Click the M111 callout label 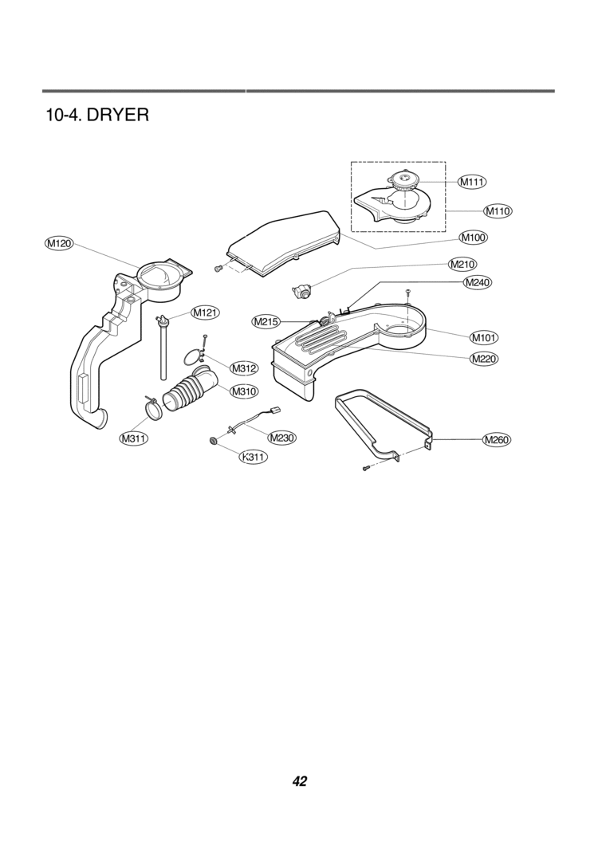click(x=473, y=182)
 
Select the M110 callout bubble click(x=498, y=210)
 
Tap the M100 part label click(x=474, y=237)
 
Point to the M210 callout click(x=462, y=264)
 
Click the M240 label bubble click(x=478, y=282)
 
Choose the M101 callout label click(x=483, y=338)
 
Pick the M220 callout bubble click(x=484, y=359)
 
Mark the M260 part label click(x=496, y=440)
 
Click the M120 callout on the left click(x=59, y=244)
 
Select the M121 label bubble click(x=205, y=312)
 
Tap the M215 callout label click(x=266, y=322)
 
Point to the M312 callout click(x=244, y=368)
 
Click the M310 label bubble click(x=244, y=391)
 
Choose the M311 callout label click(x=134, y=438)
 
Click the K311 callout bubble click(x=254, y=458)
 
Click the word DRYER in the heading click(x=117, y=115)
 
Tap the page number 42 click(x=300, y=781)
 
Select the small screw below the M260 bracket click(x=366, y=468)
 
